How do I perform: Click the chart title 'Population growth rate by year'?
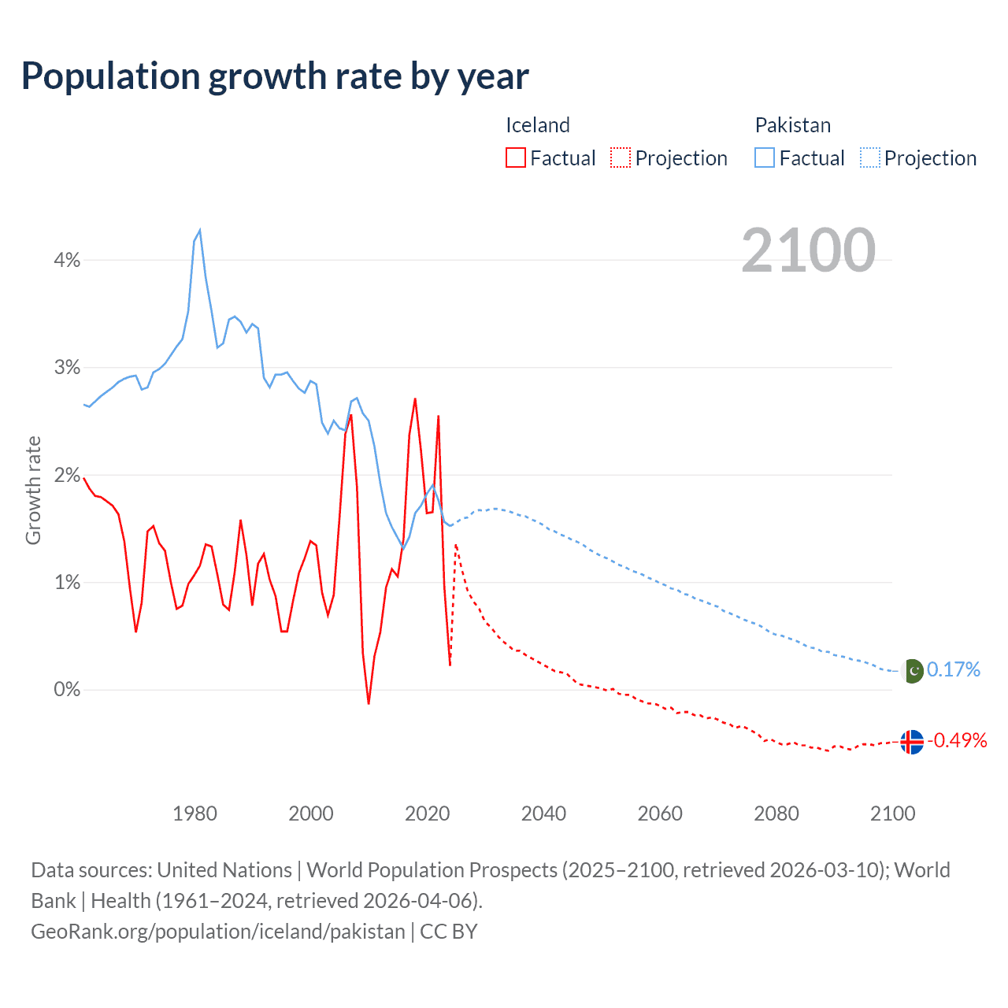click(x=275, y=76)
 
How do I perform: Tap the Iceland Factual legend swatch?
click(x=515, y=157)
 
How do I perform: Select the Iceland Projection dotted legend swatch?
click(x=621, y=157)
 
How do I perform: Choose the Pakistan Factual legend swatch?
click(x=764, y=157)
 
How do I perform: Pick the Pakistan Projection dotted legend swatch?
click(x=869, y=157)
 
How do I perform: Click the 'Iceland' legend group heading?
click(x=537, y=125)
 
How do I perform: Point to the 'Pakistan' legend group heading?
click(x=792, y=125)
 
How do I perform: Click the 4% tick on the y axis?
click(x=67, y=260)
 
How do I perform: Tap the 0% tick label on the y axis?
click(x=67, y=690)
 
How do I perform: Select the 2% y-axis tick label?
click(x=67, y=475)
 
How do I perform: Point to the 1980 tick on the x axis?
click(x=195, y=813)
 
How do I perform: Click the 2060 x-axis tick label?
click(x=660, y=813)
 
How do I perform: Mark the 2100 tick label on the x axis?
click(x=892, y=813)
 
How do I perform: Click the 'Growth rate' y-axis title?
click(x=33, y=490)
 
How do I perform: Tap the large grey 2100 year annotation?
click(x=808, y=250)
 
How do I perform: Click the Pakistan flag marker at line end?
click(x=912, y=671)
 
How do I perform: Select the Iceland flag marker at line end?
click(x=911, y=742)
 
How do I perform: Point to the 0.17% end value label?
click(x=953, y=669)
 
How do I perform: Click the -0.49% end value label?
click(x=957, y=740)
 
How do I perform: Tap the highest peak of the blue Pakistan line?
click(x=200, y=230)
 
